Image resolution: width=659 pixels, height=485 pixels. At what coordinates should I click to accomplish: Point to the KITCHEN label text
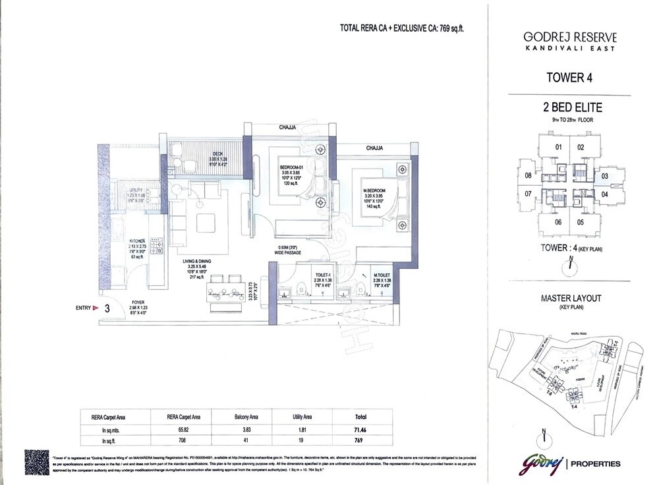click(138, 242)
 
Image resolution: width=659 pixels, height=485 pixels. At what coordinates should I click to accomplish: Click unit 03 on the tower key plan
click(604, 176)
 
